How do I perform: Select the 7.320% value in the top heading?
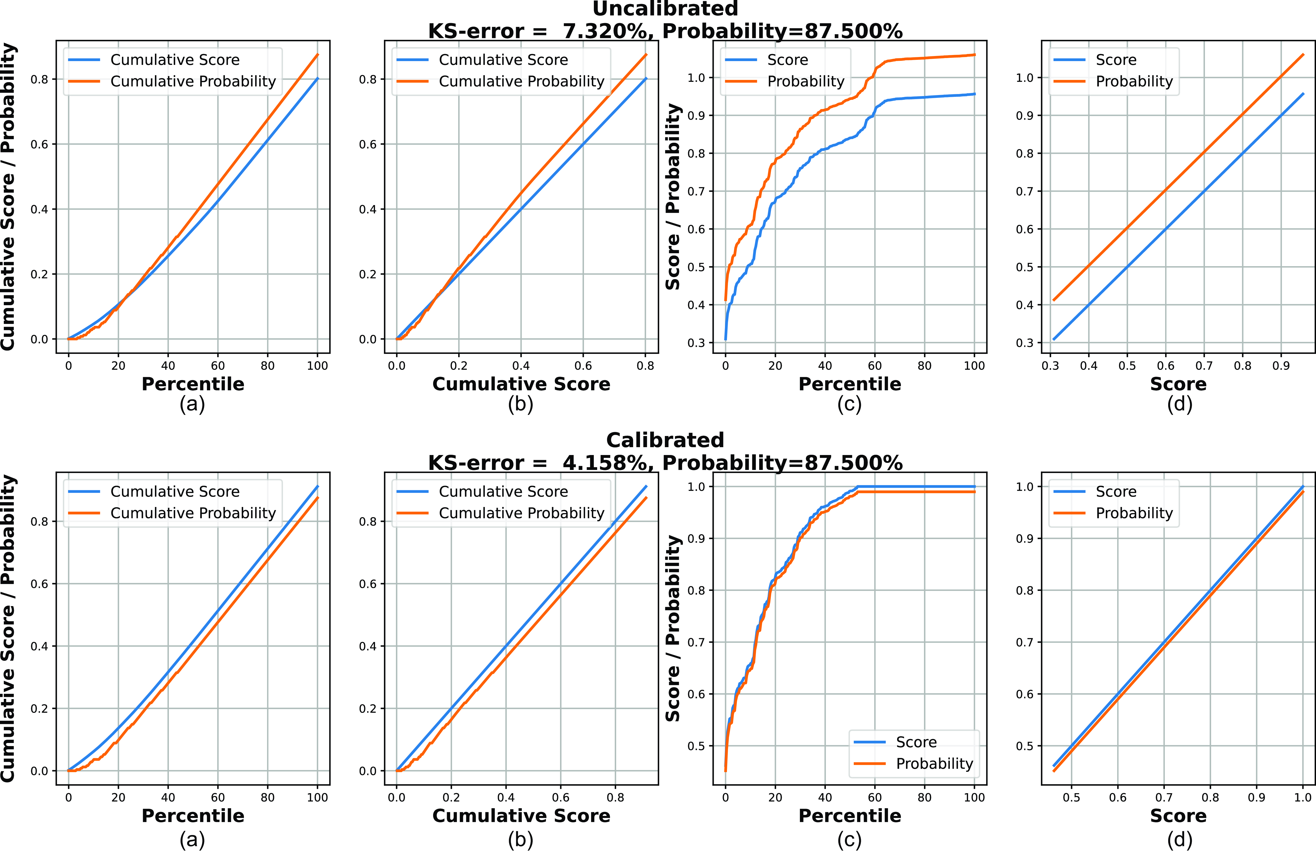coord(604,31)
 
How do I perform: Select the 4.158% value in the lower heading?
coord(604,463)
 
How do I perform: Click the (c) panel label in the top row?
coord(849,404)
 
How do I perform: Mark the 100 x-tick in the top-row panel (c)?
coord(974,366)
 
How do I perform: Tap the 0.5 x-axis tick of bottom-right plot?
coord(1071,797)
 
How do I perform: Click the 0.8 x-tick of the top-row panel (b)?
coord(645,366)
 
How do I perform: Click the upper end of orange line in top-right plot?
coord(1303,55)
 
